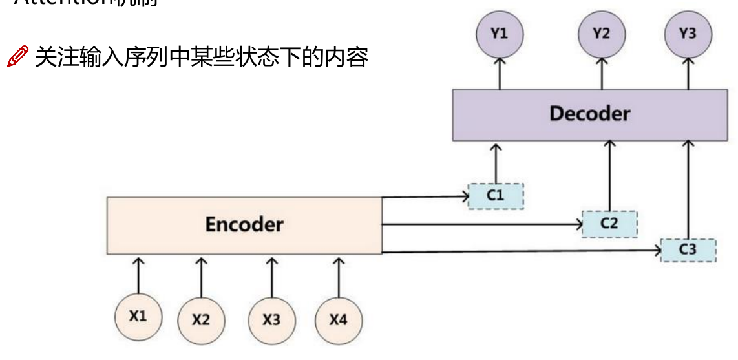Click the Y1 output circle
click(x=499, y=34)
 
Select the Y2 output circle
click(x=602, y=34)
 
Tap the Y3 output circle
click(x=688, y=34)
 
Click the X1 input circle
click(x=138, y=316)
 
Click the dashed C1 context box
click(x=496, y=196)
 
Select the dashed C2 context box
click(x=609, y=224)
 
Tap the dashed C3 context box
click(x=688, y=249)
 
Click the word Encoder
click(x=244, y=224)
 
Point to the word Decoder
click(x=589, y=114)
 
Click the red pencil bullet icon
click(x=17, y=57)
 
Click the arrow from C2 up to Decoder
click(x=608, y=175)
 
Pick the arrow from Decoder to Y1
click(x=499, y=73)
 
